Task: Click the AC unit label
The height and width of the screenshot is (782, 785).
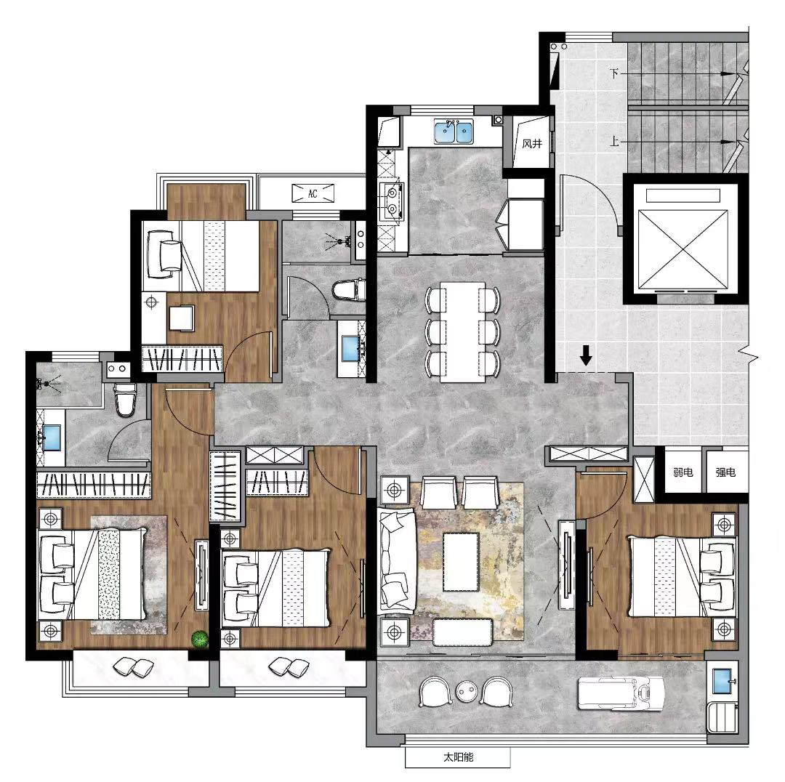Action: point(313,194)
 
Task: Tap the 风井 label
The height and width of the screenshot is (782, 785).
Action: point(531,144)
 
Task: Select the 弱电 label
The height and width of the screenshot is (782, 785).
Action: point(683,472)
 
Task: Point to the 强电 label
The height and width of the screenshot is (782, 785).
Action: point(725,472)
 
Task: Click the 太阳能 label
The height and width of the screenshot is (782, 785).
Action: point(458,757)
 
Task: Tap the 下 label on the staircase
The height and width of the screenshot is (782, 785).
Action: point(614,73)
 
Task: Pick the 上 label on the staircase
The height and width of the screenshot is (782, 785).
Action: point(614,141)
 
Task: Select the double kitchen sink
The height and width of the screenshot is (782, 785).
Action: point(454,132)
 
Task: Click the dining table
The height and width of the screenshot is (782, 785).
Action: point(462,332)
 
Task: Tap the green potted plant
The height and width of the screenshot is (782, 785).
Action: point(200,640)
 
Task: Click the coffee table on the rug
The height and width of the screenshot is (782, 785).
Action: point(461,562)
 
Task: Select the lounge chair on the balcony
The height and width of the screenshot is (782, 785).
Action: point(621,694)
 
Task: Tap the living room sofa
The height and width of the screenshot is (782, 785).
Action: point(397,560)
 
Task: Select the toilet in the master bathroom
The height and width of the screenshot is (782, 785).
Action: point(125,399)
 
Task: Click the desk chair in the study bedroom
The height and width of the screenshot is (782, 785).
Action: point(181,318)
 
